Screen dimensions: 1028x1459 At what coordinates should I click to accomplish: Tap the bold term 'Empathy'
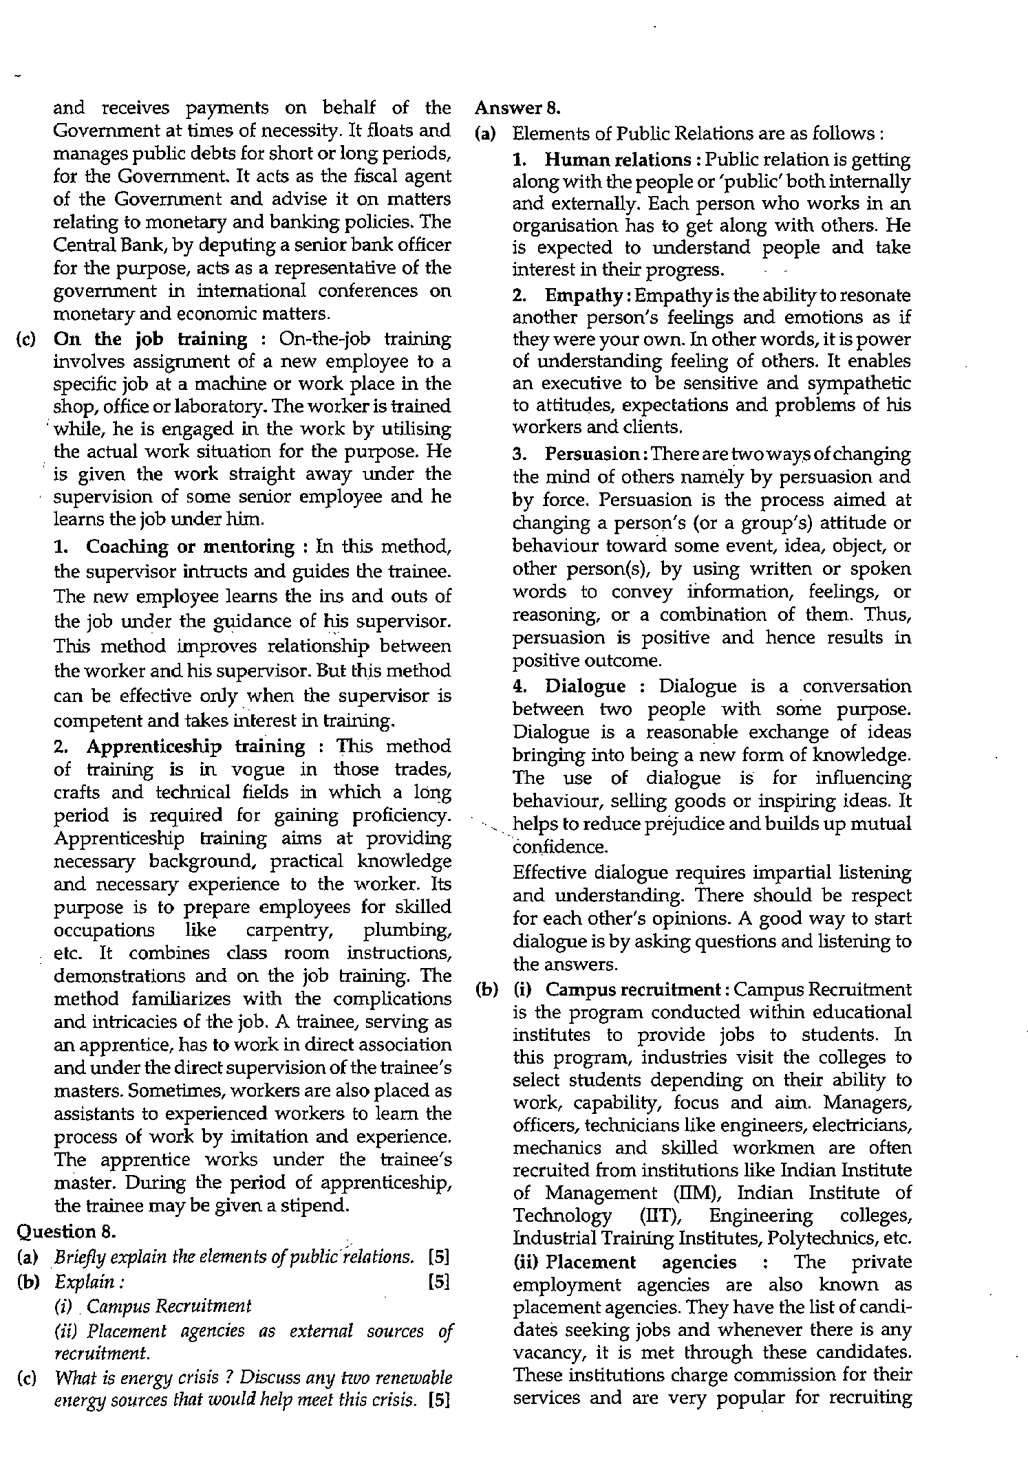[x=583, y=296]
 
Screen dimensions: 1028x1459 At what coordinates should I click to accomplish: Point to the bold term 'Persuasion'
[x=592, y=454]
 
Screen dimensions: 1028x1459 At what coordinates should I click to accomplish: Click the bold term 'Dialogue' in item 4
[x=586, y=686]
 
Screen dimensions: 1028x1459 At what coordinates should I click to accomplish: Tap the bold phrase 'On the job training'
[x=150, y=339]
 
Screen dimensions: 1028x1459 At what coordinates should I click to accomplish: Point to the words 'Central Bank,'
[x=98, y=245]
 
